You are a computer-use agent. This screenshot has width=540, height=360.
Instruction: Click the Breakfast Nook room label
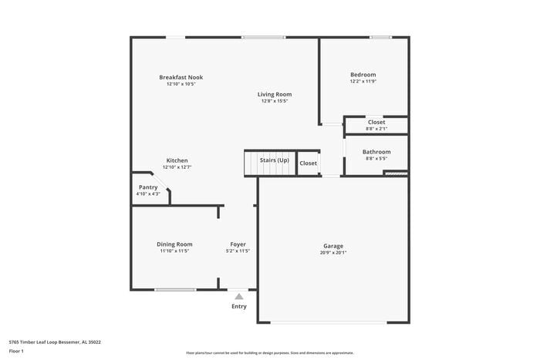(x=181, y=77)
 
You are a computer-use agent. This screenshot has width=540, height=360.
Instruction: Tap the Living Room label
(x=275, y=94)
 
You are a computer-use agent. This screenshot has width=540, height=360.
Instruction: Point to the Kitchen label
(x=177, y=160)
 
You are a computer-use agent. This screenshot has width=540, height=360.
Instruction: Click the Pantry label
(x=148, y=187)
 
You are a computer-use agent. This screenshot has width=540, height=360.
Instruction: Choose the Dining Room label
(x=174, y=244)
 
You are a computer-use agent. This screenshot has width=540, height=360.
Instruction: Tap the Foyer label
(x=238, y=244)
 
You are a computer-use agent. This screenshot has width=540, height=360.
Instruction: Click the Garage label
(x=333, y=246)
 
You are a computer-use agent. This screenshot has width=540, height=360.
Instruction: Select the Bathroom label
(x=377, y=152)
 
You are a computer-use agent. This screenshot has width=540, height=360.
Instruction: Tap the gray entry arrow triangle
(x=239, y=296)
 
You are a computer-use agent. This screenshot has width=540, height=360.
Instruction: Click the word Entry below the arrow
(x=239, y=306)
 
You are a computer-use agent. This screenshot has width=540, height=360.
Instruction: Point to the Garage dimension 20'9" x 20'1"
(x=333, y=252)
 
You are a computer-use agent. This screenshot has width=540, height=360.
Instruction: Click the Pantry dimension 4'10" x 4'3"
(x=148, y=193)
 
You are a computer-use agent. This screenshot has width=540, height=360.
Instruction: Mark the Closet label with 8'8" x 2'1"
(x=376, y=122)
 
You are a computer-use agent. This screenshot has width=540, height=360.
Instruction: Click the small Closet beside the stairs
(x=308, y=163)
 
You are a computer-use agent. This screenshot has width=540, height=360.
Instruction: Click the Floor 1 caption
(x=16, y=352)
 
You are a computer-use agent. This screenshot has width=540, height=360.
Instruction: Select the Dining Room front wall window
(x=175, y=290)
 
